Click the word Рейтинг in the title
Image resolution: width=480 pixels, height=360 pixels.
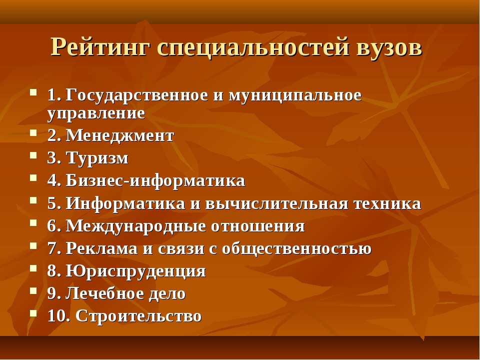100,47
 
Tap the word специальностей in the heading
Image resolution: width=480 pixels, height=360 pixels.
253,47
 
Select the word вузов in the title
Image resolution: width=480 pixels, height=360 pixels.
389,47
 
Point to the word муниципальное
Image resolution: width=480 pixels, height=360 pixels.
295,95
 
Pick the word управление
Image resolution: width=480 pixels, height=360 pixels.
96,114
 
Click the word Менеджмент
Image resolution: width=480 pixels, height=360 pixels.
120,135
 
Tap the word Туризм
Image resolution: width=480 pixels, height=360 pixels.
97,158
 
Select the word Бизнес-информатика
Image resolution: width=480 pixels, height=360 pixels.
155,180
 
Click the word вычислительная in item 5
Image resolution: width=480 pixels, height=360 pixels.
276,203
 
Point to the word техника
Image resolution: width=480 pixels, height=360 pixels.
387,203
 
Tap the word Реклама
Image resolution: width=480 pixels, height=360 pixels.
102,248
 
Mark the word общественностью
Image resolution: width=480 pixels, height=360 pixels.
296,248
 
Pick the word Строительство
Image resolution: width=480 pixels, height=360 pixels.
138,316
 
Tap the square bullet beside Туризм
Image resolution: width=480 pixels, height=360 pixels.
33,155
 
